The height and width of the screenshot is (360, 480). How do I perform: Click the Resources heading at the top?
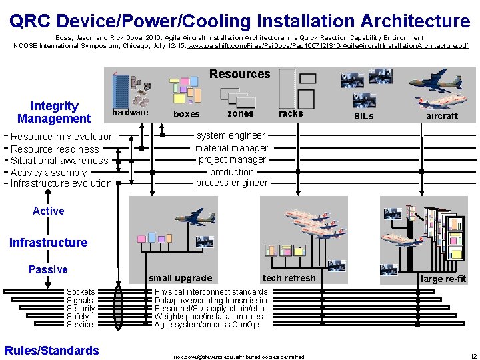pos(239,74)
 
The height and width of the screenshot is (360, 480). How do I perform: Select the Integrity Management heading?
pos(54,112)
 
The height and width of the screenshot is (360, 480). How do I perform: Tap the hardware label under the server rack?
pos(130,112)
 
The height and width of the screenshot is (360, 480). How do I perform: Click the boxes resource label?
pos(186,114)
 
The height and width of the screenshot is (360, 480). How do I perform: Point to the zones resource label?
pos(240,113)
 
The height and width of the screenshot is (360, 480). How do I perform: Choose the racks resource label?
pos(291,113)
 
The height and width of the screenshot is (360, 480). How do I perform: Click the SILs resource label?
pos(363,116)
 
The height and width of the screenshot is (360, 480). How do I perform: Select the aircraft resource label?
pos(442,116)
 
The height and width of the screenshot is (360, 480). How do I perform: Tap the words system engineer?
pos(231,135)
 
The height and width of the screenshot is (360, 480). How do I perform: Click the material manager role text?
pos(231,148)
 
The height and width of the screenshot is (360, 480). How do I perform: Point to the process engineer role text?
pos(231,183)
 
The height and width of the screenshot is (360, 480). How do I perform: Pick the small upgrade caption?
pos(180,278)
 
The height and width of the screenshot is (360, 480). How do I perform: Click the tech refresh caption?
pos(289,278)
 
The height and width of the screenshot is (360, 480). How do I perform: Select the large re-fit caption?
pos(443,279)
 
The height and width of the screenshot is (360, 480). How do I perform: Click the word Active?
pos(49,211)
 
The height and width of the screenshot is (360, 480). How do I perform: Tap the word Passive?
pos(48,269)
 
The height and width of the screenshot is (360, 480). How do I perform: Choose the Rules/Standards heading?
pos(51,351)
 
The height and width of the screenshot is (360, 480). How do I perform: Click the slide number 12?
pos(473,357)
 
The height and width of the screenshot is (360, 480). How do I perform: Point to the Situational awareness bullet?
pos(59,161)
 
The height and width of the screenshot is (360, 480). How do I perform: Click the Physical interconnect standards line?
pos(211,292)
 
